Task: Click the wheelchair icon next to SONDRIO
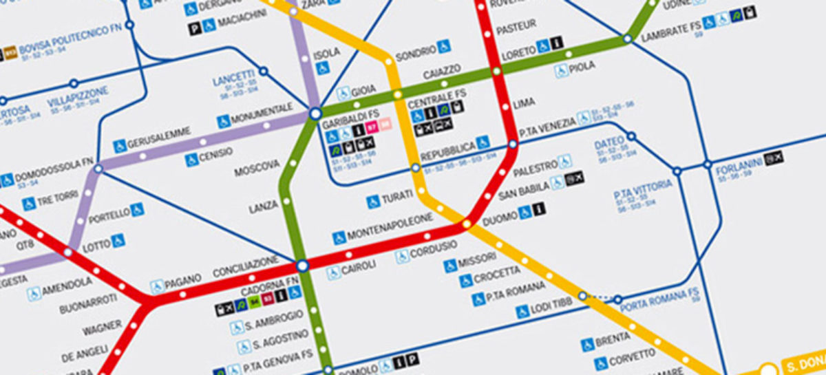pos(445,47)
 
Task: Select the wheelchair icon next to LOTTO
pos(118,240)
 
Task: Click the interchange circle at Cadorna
pos(301,265)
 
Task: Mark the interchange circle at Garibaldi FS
pos(315,113)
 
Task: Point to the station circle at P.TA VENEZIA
pos(513,144)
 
